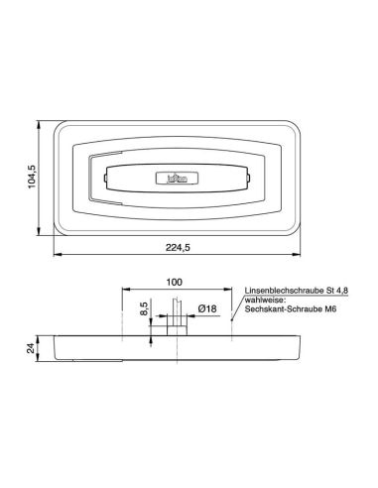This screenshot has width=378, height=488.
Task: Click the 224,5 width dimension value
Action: (x=180, y=248)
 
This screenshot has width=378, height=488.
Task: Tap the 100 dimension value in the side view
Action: (x=176, y=281)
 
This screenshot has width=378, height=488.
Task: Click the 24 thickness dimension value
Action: (x=31, y=347)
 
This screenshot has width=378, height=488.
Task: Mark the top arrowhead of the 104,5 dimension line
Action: (x=39, y=123)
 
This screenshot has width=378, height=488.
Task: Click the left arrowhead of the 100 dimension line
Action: (x=122, y=291)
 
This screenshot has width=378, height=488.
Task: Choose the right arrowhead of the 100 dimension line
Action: (x=229, y=291)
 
